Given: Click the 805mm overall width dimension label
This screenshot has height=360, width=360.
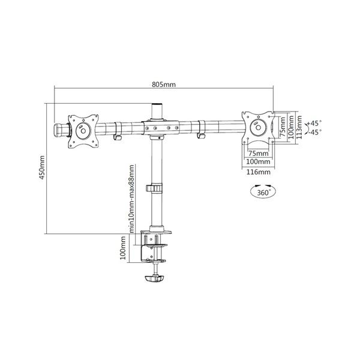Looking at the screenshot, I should [163, 85].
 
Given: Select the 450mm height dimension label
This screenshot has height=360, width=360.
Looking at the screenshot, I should [41, 169].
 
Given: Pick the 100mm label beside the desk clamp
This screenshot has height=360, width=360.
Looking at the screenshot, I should [123, 247].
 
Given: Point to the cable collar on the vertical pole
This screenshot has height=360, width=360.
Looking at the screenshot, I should [155, 188].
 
